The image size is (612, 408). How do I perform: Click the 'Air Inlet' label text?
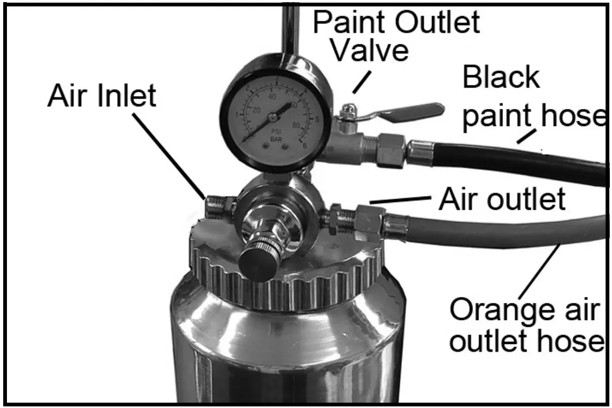tap(102, 97)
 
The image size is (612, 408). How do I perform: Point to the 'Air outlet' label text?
tap(501, 199)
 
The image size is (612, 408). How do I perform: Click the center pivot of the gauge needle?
tap(273, 117)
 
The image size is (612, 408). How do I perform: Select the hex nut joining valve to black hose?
tap(391, 151)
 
